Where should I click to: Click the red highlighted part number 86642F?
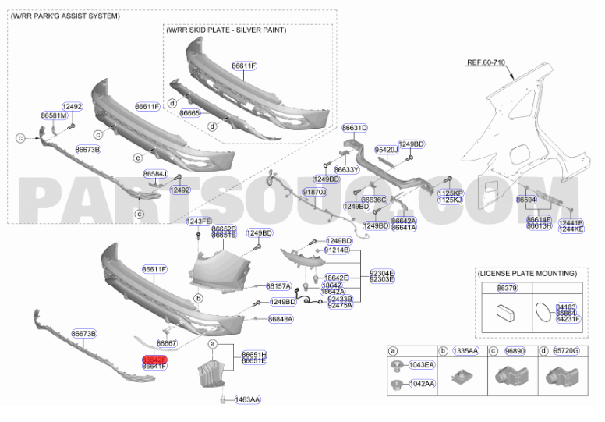(154, 359)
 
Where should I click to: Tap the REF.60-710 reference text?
(487, 61)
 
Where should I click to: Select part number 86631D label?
(354, 127)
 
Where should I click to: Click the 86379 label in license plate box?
(507, 288)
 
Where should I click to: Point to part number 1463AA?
(246, 399)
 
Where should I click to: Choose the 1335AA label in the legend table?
(465, 352)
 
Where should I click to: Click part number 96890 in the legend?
(516, 352)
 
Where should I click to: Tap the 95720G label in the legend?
(567, 352)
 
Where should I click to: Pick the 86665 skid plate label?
(190, 113)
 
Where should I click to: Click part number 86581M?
(53, 115)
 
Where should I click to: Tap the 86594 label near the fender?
(526, 200)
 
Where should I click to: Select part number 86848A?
(280, 319)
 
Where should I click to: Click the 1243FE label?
(198, 222)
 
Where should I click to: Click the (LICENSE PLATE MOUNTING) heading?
(527, 274)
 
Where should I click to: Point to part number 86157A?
(278, 286)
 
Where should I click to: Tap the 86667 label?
(166, 343)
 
